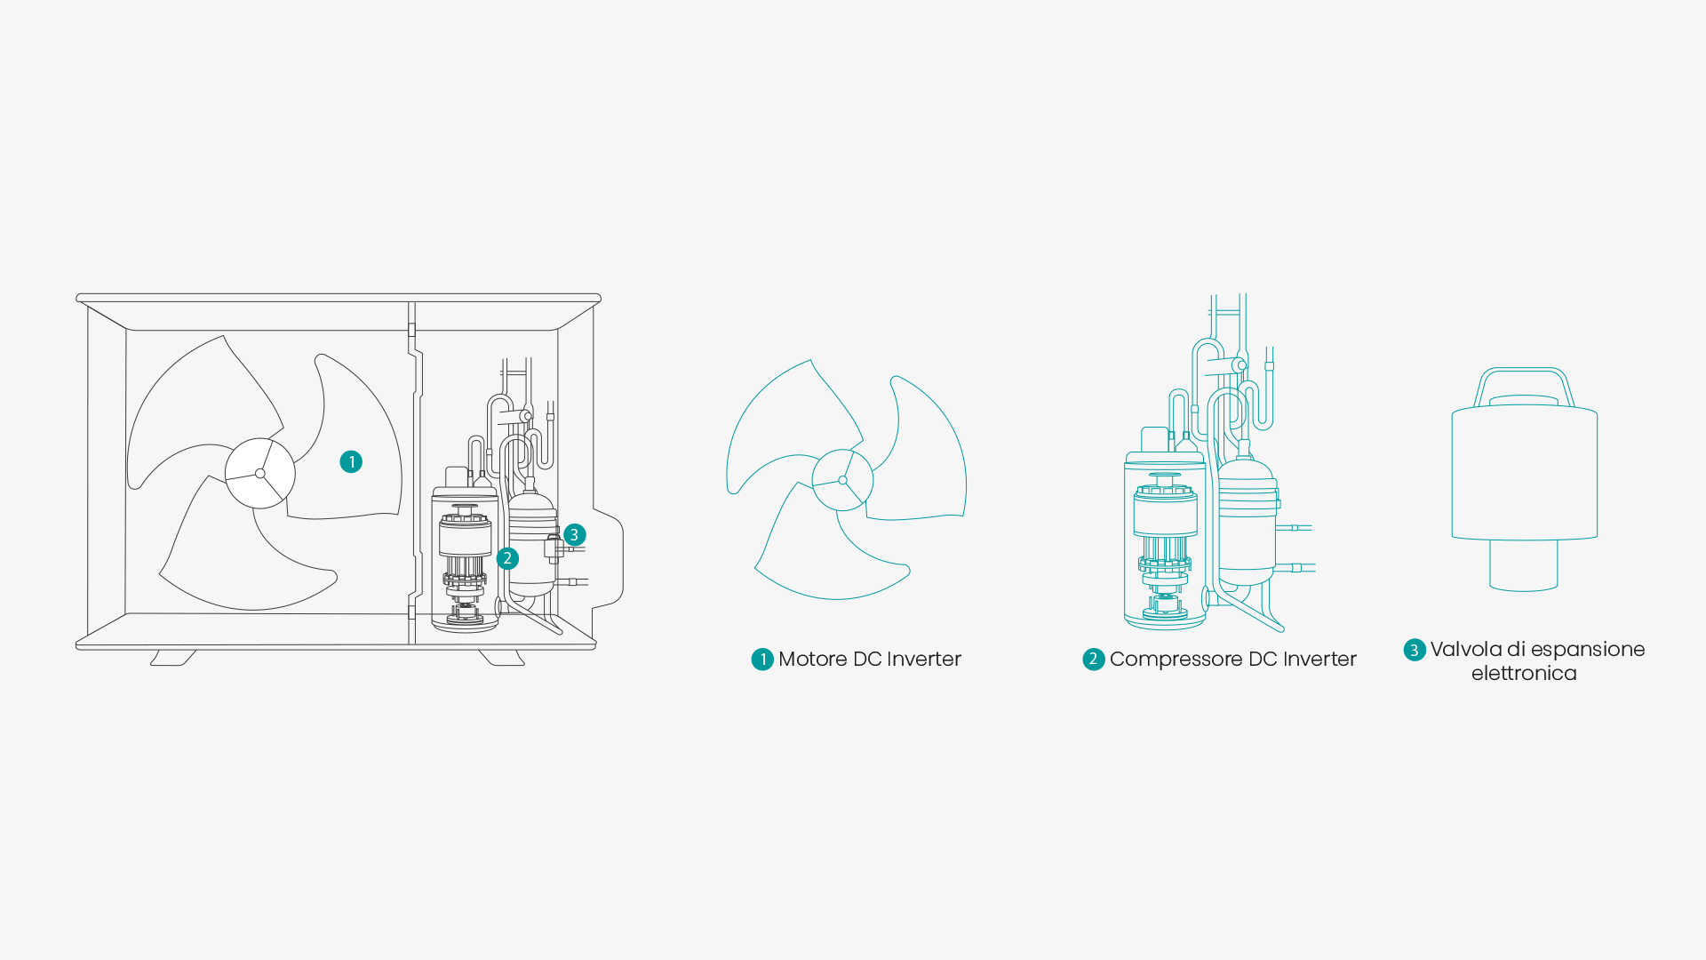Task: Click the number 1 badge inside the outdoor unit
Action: (x=351, y=461)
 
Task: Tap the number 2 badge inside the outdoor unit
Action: (x=507, y=558)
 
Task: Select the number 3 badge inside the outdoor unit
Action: (x=575, y=534)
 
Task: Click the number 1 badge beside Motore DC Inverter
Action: (x=762, y=659)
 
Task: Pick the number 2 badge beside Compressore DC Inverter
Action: (x=1094, y=659)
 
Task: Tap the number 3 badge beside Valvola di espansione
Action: (x=1415, y=650)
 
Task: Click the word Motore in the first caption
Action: (x=812, y=659)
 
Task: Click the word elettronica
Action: (x=1524, y=673)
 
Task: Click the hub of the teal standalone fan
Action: (x=842, y=480)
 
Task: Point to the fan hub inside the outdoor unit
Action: (x=260, y=473)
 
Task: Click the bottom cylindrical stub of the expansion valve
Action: (x=1524, y=564)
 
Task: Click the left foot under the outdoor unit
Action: (x=173, y=658)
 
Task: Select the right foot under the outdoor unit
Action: (x=502, y=658)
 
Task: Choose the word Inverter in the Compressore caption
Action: (x=1319, y=659)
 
